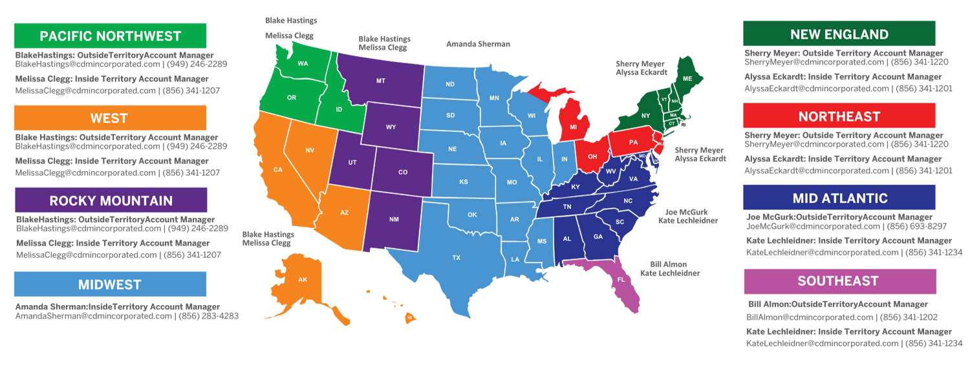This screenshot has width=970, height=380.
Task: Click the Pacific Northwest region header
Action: pos(110,36)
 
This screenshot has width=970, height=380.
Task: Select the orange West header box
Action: pos(110,118)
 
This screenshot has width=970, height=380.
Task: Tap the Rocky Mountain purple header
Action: pos(111,200)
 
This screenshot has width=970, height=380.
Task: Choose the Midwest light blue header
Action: pos(110,284)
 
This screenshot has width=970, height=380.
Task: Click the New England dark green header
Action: pos(839,34)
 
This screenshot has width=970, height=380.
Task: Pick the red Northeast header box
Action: pos(839,116)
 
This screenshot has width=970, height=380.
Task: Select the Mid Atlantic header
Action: pos(839,198)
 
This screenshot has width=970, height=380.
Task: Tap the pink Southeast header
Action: pos(839,281)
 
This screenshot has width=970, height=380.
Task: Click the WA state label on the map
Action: pos(303,63)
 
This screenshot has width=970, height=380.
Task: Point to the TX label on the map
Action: pos(457,258)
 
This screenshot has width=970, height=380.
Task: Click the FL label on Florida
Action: pos(621,280)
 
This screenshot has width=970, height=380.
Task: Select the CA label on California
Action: pos(278,170)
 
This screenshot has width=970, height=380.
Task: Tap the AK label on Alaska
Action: pos(303,280)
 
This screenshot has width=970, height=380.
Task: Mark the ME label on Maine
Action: pos(687,79)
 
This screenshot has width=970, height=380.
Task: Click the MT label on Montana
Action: pos(381,81)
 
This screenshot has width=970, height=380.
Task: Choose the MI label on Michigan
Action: pos(573,127)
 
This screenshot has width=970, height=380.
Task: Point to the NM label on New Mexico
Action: pos(394,220)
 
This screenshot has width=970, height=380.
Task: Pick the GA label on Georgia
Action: pos(598,237)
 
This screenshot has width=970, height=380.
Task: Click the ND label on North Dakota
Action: pos(450,84)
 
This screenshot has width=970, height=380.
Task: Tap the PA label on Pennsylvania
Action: pos(633,142)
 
